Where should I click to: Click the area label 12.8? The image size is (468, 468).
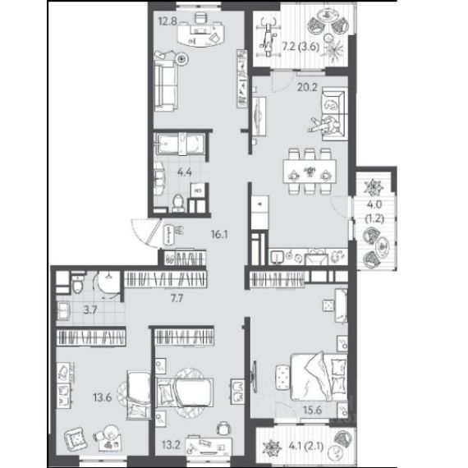click(168, 21)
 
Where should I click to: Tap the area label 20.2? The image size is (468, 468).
click(307, 87)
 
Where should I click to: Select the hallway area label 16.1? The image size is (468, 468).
click(219, 235)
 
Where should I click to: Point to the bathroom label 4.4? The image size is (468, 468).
click(185, 172)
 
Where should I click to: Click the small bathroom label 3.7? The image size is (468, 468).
click(89, 310)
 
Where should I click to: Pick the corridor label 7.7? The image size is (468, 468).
click(177, 298)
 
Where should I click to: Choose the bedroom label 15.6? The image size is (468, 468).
click(313, 410)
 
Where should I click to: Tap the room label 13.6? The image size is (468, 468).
click(103, 397)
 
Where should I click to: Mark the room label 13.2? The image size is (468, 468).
click(171, 445)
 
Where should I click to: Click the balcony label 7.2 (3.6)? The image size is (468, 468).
click(301, 47)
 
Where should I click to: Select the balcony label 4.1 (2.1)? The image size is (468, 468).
click(306, 447)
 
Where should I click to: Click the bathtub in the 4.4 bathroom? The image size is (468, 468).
click(180, 144)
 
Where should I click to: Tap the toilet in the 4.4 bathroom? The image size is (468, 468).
click(178, 203)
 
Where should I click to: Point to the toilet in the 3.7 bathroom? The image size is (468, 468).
click(77, 282)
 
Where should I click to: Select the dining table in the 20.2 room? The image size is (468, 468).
click(310, 172)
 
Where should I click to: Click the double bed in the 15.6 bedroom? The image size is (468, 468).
click(319, 377)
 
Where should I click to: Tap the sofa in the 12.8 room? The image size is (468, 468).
click(166, 85)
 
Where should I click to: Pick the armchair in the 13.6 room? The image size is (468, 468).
click(76, 438)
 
